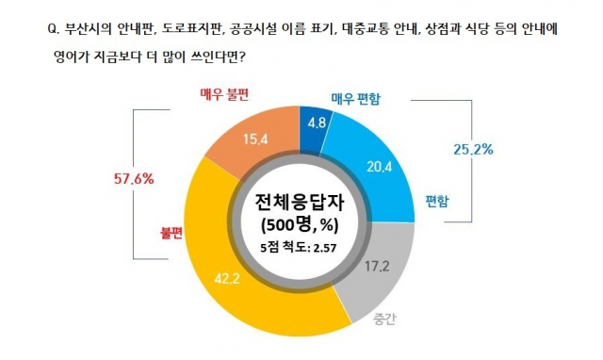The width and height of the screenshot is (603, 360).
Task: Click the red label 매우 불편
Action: click(229, 95)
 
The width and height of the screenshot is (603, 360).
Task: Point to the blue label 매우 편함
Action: click(362, 98)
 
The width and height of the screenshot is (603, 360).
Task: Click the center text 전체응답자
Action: click(300, 202)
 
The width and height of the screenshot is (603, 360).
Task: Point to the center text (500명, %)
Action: click(300, 226)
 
